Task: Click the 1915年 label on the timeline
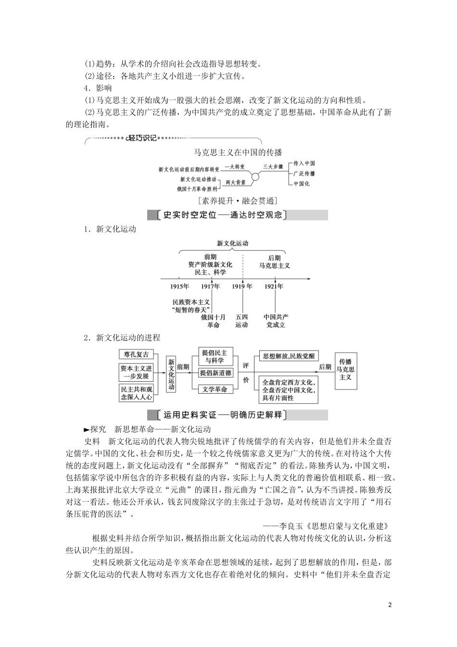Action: pyautogui.click(x=179, y=286)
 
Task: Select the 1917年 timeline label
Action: pyautogui.click(x=211, y=286)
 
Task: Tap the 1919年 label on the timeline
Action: pyautogui.click(x=242, y=286)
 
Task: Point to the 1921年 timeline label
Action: pyautogui.click(x=274, y=286)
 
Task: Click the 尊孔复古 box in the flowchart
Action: pyautogui.click(x=136, y=355)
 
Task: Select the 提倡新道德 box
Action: pyautogui.click(x=216, y=373)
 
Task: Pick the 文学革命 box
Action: pyautogui.click(x=215, y=389)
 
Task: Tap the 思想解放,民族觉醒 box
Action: pyautogui.click(x=288, y=356)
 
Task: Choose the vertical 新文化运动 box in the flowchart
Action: pyautogui.click(x=171, y=375)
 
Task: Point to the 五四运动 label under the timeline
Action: pyautogui.click(x=241, y=321)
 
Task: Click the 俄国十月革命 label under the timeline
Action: pyautogui.click(x=213, y=321)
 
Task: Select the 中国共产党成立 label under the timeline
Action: pyautogui.click(x=276, y=321)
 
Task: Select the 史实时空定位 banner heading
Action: pyautogui.click(x=222, y=215)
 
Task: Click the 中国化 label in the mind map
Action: pyautogui.click(x=302, y=184)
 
